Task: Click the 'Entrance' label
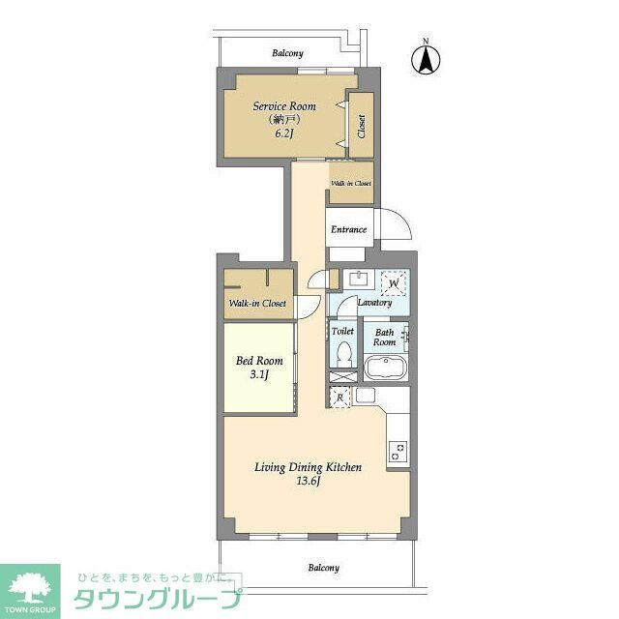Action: (x=348, y=229)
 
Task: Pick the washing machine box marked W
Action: (x=394, y=282)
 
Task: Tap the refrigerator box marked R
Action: (x=339, y=397)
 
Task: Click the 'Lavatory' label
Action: (x=374, y=303)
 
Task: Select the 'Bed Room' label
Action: (x=259, y=360)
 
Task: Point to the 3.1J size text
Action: (x=259, y=374)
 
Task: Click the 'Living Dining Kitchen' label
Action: (x=308, y=467)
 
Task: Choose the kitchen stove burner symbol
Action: (x=398, y=450)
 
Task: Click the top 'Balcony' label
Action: (x=287, y=53)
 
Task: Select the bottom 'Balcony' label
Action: (x=323, y=568)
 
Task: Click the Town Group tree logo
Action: (x=29, y=586)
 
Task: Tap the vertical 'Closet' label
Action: (x=361, y=127)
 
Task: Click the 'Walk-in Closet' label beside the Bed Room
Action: (x=256, y=304)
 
